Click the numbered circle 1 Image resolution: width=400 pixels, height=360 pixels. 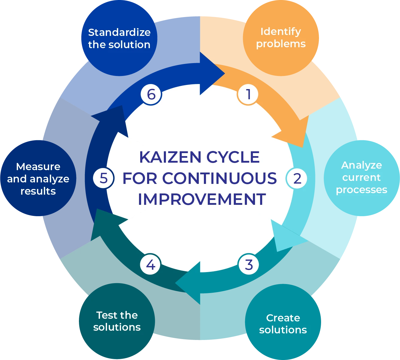pos(248,94)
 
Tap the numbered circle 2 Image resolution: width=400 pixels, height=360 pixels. pos(297,179)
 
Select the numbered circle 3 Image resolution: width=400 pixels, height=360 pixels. pos(249,265)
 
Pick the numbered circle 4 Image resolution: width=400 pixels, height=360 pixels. pos(150,265)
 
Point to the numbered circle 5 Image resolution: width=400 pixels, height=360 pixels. pos(103,178)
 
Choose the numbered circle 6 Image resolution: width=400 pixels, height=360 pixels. pos(151,94)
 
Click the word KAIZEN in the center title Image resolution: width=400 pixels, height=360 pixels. pos(170,157)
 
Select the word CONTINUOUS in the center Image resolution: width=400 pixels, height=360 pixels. pos(219,178)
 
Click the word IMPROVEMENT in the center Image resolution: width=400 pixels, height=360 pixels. pos(202,199)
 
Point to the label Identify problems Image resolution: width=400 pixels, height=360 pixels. pos(281,38)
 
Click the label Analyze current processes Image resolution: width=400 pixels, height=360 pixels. pos(361,177)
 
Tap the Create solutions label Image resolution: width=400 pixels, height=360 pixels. pos(283,324)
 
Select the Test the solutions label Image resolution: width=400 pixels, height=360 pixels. pos(117,321)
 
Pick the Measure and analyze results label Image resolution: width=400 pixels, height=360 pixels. pos(38,179)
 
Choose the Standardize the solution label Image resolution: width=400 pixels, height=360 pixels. pos(119,38)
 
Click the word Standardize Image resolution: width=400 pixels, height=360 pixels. pos(119,32)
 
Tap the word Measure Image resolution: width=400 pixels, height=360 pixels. pos(38,167)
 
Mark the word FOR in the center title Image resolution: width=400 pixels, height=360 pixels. pos(140,178)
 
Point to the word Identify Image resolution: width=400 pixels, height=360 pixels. pos(281,31)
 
